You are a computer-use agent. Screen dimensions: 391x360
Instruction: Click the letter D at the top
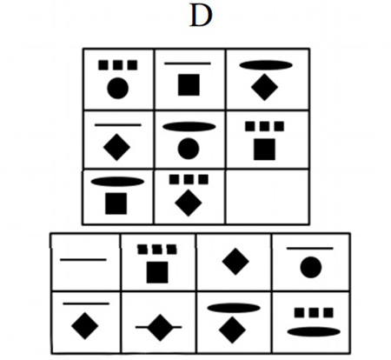tap(201, 16)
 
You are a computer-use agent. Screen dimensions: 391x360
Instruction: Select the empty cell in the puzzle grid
tap(267, 197)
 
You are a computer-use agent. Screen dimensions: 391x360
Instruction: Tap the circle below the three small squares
tap(117, 88)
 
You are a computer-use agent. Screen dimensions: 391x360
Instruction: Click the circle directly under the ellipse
tap(189, 149)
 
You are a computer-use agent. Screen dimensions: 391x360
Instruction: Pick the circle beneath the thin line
tap(311, 267)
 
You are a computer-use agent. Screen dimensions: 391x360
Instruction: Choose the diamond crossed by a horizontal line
tap(160, 328)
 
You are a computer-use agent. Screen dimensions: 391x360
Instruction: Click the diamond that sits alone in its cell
tap(235, 262)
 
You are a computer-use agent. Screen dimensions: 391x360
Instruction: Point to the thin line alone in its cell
tap(83, 260)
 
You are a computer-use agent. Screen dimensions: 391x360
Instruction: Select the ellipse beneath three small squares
tap(314, 332)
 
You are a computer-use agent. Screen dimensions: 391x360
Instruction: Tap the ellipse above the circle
tap(189, 127)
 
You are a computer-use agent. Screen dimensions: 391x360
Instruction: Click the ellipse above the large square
tap(117, 182)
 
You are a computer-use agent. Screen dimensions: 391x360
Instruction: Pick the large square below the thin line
tap(189, 84)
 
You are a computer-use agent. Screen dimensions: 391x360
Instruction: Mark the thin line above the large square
tap(188, 63)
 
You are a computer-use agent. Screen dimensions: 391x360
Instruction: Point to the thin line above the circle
tap(310, 248)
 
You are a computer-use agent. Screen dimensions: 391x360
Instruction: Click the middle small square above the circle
tap(118, 65)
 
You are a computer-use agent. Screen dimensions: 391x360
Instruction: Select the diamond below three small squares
tap(189, 203)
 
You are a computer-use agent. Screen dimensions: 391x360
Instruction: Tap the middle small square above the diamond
tap(189, 179)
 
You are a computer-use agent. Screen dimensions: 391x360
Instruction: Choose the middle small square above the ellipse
tap(314, 313)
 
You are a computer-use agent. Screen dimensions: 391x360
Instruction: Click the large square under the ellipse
tap(116, 203)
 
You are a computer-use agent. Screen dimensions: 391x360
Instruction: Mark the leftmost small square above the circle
tap(103, 65)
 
